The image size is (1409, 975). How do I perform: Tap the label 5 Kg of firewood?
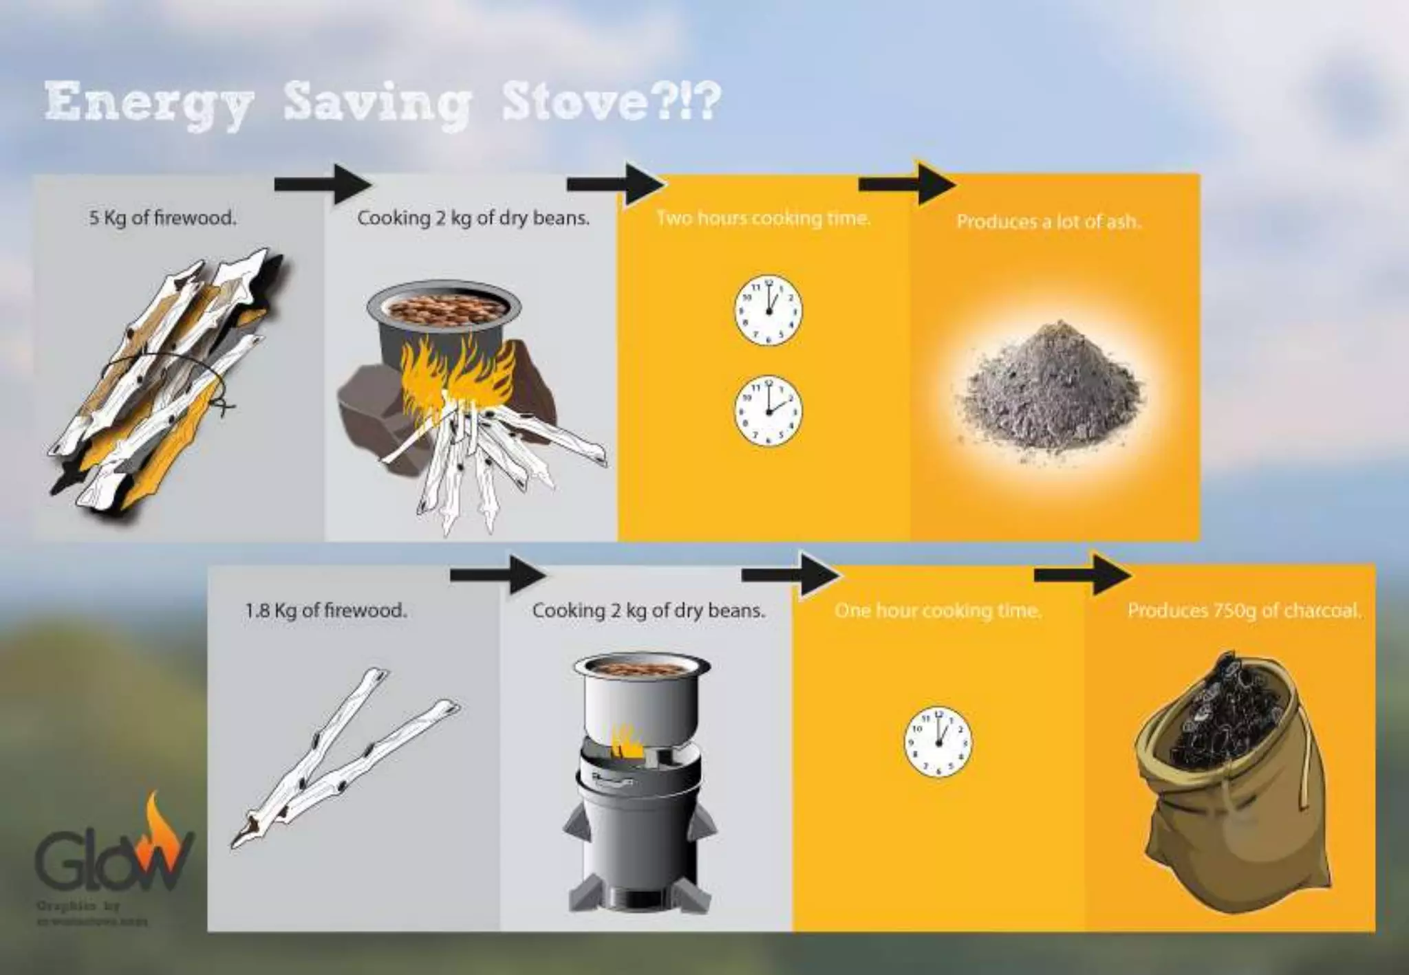pos(162,219)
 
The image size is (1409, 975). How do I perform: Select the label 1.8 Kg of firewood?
pos(326,610)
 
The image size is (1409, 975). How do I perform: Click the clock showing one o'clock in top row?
pos(768,310)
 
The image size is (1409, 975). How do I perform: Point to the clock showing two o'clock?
pos(768,410)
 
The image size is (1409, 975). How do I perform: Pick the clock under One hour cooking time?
pos(938,743)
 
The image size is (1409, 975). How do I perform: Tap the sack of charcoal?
pos(1231,777)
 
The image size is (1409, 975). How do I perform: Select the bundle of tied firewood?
pos(165,378)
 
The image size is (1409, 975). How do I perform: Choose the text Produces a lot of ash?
pos(1048,222)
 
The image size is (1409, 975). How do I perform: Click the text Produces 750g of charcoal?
pos(1244,611)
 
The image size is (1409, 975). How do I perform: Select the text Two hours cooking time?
pos(764,219)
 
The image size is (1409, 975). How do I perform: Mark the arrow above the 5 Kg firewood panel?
pos(322,184)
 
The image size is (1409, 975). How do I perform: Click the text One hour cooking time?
pos(938,611)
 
